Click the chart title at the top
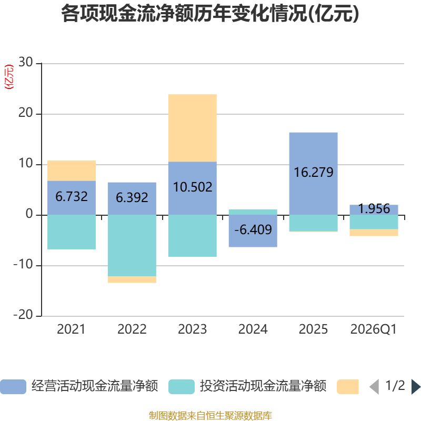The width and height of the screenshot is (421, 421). tap(210, 14)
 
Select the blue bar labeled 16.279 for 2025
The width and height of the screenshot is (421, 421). tap(313, 174)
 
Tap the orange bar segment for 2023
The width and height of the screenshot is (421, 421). tap(193, 128)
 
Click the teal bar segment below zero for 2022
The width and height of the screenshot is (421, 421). tap(132, 245)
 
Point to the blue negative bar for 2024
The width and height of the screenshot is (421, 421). tap(253, 231)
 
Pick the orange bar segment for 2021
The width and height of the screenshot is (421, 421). tap(72, 171)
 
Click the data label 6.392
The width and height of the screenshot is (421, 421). tap(132, 198)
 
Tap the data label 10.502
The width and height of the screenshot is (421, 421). tap(193, 187)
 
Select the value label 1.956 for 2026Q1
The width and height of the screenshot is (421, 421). tap(374, 208)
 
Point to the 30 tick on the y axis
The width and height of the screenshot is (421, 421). tap(25, 62)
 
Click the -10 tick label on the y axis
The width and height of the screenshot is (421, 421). tap(23, 265)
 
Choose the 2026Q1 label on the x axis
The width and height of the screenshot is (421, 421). tap(374, 329)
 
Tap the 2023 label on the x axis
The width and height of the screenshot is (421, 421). tap(192, 329)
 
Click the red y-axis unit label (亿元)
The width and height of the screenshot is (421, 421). tap(9, 76)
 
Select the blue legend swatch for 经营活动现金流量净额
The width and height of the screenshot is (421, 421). tap(13, 387)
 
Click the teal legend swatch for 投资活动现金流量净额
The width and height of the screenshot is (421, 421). tap(182, 387)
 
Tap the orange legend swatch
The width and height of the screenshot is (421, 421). tap(348, 387)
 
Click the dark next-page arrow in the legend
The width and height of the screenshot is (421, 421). tap(416, 387)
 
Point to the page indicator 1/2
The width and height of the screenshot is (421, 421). tap(395, 386)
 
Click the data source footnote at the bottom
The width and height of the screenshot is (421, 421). tap(210, 415)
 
